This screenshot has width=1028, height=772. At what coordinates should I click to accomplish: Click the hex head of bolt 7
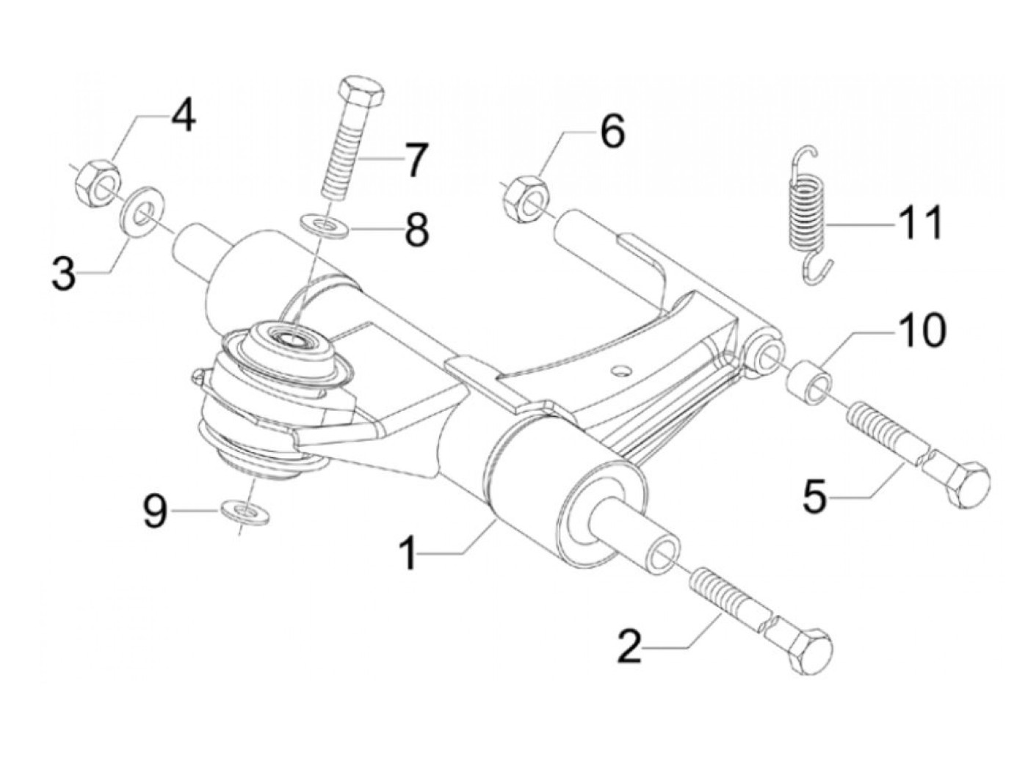(x=361, y=91)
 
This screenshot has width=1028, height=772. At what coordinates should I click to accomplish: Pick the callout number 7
(x=416, y=160)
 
